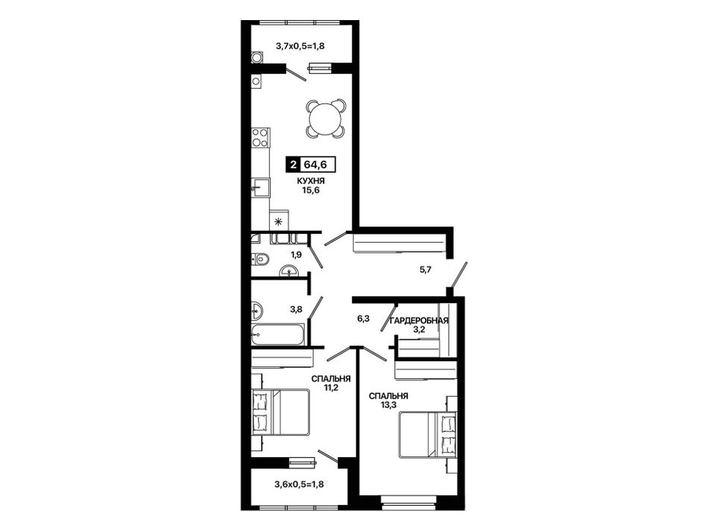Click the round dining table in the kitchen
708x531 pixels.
click(x=325, y=119)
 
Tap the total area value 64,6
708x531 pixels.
click(x=316, y=165)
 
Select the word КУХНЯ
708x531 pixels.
click(x=311, y=181)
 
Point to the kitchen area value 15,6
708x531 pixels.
click(x=311, y=190)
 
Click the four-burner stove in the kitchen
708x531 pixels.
click(x=260, y=138)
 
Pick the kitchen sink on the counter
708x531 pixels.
click(x=260, y=188)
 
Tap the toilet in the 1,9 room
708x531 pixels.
click(x=261, y=259)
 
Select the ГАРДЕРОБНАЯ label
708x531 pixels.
click(x=419, y=321)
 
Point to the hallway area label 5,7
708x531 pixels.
click(x=426, y=270)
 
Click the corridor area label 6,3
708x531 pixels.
click(x=364, y=319)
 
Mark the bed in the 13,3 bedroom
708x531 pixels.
click(x=428, y=435)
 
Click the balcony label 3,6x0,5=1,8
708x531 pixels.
click(x=300, y=485)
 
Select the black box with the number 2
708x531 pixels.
click(x=294, y=165)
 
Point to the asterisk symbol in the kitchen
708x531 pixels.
click(x=279, y=221)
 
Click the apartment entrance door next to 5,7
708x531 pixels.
click(x=458, y=274)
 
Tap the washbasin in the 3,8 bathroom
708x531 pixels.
click(x=256, y=310)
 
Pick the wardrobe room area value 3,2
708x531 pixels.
click(x=419, y=329)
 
